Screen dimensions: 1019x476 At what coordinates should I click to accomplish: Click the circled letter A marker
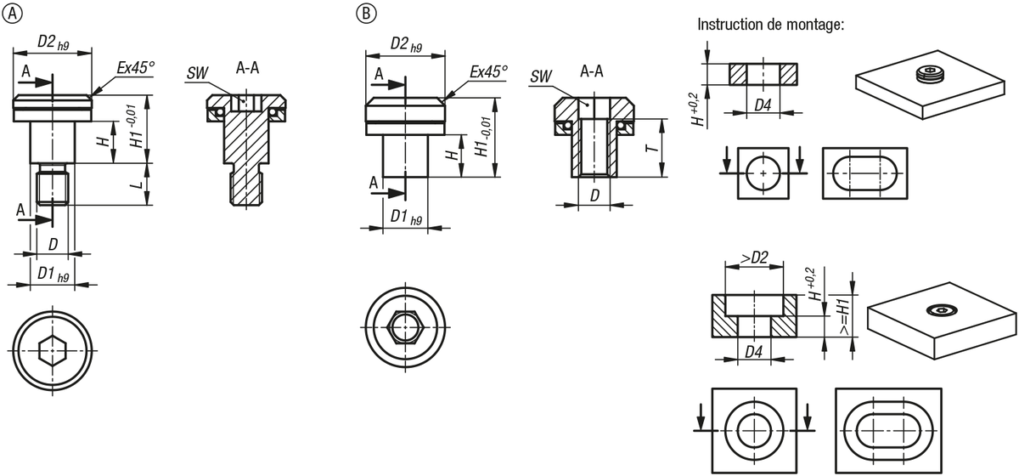[x=12, y=14]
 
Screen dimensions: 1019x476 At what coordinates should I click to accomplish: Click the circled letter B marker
[x=366, y=14]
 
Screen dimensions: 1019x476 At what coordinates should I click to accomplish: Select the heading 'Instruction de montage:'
[x=771, y=24]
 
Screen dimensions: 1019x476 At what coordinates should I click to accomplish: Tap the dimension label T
[x=653, y=149]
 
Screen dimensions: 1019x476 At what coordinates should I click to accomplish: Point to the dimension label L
[x=138, y=185]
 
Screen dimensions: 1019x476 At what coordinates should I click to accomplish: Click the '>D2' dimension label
[x=755, y=258]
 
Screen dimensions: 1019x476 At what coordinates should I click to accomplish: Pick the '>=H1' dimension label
[x=844, y=317]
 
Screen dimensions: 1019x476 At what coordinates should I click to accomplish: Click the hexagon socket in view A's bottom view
[x=53, y=351]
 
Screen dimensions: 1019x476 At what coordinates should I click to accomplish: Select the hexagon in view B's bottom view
[x=405, y=327]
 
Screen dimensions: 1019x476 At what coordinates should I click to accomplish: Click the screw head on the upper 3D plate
[x=932, y=73]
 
